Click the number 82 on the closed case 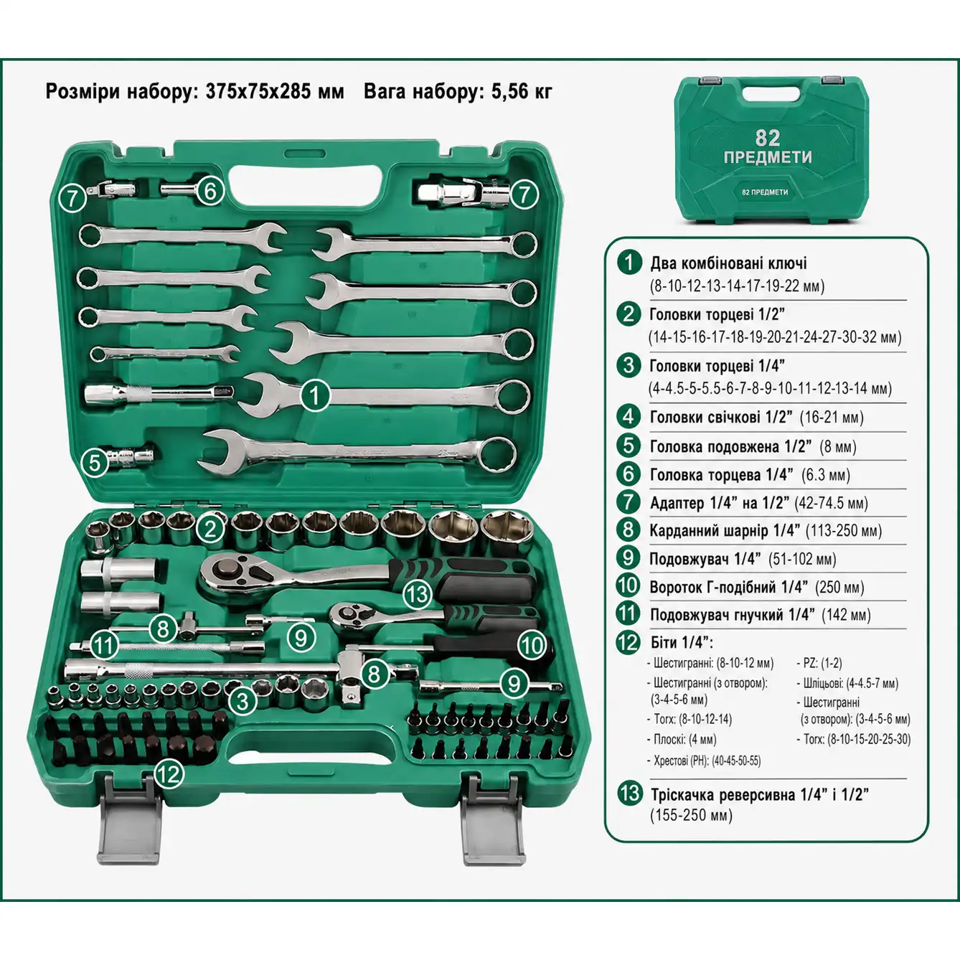coord(767,137)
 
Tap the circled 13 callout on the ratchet coord(417,594)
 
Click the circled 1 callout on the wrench coord(314,396)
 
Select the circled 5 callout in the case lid coord(95,462)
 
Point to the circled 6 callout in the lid coord(210,191)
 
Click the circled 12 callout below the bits coord(169,773)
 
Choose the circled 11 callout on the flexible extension coord(103,645)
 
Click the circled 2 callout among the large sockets coord(210,528)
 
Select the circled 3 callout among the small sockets coord(243,702)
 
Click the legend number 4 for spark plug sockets coord(629,416)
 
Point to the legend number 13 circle coord(629,793)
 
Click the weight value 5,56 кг coord(522,92)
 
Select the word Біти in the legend coord(668,642)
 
